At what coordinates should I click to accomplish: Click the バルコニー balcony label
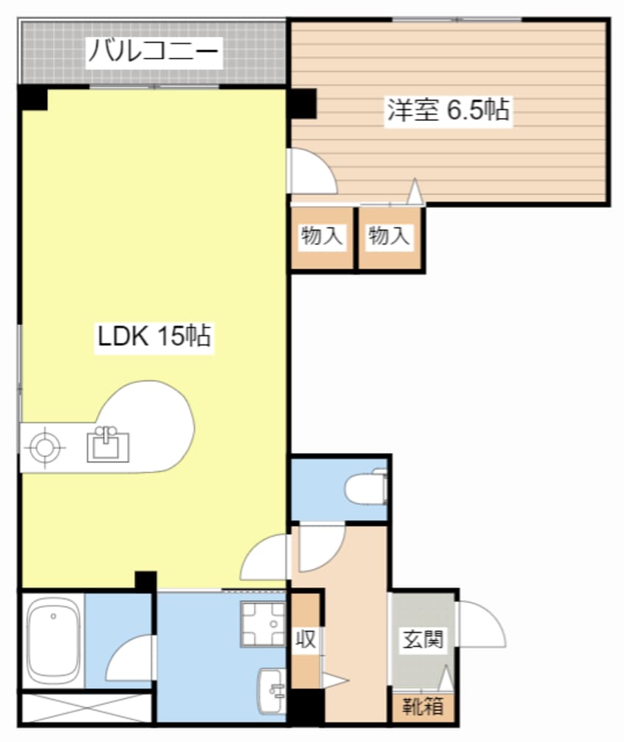click(x=153, y=52)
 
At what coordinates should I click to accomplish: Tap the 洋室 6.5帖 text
click(x=448, y=111)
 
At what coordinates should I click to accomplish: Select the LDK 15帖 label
click(x=155, y=336)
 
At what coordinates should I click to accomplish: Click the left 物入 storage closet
click(x=322, y=238)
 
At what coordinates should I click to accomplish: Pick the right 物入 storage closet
click(x=389, y=238)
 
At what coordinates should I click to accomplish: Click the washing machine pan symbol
click(x=263, y=624)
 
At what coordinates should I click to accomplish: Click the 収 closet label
click(x=306, y=639)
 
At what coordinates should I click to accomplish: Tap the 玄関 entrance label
click(x=423, y=639)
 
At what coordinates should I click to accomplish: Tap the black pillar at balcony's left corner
click(x=32, y=98)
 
